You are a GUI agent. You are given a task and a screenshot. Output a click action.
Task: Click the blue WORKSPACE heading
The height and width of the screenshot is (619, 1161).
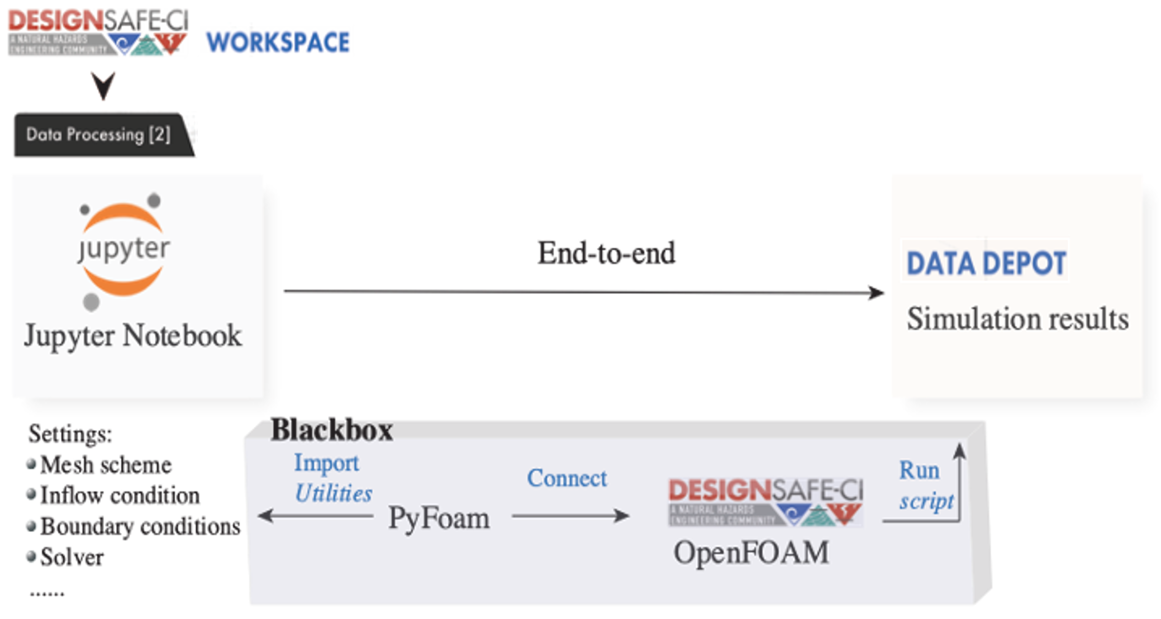(x=278, y=42)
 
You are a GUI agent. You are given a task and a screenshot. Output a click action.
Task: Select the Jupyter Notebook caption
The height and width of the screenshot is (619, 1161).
(x=133, y=336)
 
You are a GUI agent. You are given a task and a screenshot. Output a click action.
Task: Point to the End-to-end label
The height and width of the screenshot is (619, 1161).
(x=606, y=253)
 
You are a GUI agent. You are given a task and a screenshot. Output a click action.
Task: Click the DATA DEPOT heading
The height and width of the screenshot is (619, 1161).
(x=986, y=263)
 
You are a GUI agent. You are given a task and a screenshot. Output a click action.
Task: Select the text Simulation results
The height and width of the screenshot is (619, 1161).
(x=1017, y=319)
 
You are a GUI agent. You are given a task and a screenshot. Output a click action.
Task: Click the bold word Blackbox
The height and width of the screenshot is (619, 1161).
(x=332, y=430)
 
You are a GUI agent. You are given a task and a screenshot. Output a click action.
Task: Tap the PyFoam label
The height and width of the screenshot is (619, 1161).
(x=439, y=518)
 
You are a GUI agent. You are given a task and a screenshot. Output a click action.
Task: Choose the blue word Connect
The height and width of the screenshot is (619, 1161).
(x=567, y=478)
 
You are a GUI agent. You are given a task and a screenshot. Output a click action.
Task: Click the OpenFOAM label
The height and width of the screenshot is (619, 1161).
(x=751, y=553)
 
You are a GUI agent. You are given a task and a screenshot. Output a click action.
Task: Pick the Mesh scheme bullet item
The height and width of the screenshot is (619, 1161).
(x=106, y=465)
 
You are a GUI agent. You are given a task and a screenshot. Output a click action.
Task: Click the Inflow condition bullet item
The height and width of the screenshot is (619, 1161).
(x=120, y=496)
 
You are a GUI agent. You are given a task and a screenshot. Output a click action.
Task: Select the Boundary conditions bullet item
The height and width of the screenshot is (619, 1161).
(x=140, y=526)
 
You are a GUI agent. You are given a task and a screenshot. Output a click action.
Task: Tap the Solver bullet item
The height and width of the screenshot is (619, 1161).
(x=72, y=557)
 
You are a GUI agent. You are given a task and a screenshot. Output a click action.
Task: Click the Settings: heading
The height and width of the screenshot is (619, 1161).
(x=70, y=434)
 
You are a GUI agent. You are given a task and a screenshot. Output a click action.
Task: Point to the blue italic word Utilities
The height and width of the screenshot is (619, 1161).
(x=334, y=493)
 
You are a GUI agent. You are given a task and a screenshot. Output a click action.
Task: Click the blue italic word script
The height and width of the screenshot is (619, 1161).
(x=926, y=501)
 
